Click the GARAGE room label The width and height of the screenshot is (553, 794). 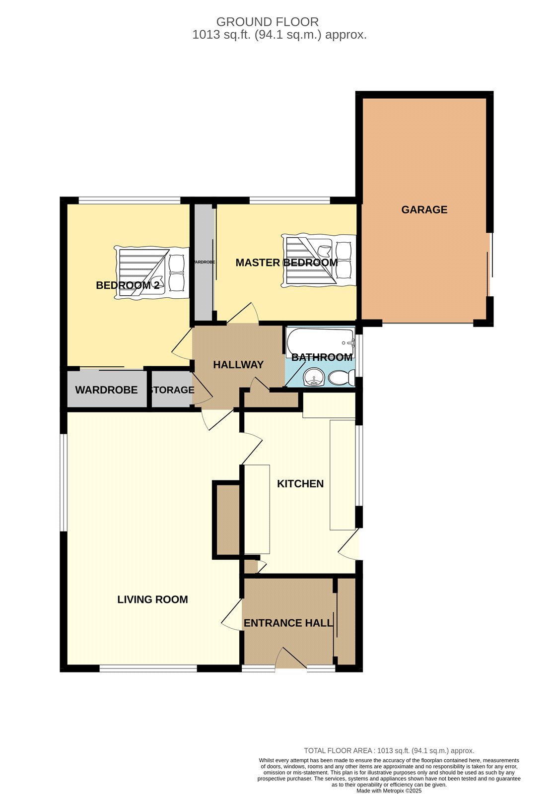pyautogui.click(x=424, y=209)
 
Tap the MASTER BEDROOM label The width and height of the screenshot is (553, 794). pyautogui.click(x=286, y=263)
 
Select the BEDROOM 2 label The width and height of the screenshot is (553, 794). pyautogui.click(x=128, y=285)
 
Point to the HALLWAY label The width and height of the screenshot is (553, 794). pyautogui.click(x=238, y=364)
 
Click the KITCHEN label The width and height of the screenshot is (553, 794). pyautogui.click(x=300, y=483)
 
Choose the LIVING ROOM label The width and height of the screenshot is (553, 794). pyautogui.click(x=152, y=599)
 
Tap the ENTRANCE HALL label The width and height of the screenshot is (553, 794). pyautogui.click(x=288, y=623)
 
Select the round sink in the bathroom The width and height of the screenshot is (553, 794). pyautogui.click(x=314, y=377)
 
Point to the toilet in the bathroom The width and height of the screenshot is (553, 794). pyautogui.click(x=342, y=377)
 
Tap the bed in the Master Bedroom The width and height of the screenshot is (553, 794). pyautogui.click(x=319, y=261)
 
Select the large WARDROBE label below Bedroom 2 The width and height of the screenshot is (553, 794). pyautogui.click(x=106, y=390)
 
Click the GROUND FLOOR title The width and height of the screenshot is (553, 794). pyautogui.click(x=267, y=22)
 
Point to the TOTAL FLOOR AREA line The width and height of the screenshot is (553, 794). pyautogui.click(x=389, y=750)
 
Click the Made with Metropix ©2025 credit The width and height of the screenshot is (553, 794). pyautogui.click(x=389, y=791)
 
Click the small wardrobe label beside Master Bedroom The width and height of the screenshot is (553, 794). pyautogui.click(x=204, y=262)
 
